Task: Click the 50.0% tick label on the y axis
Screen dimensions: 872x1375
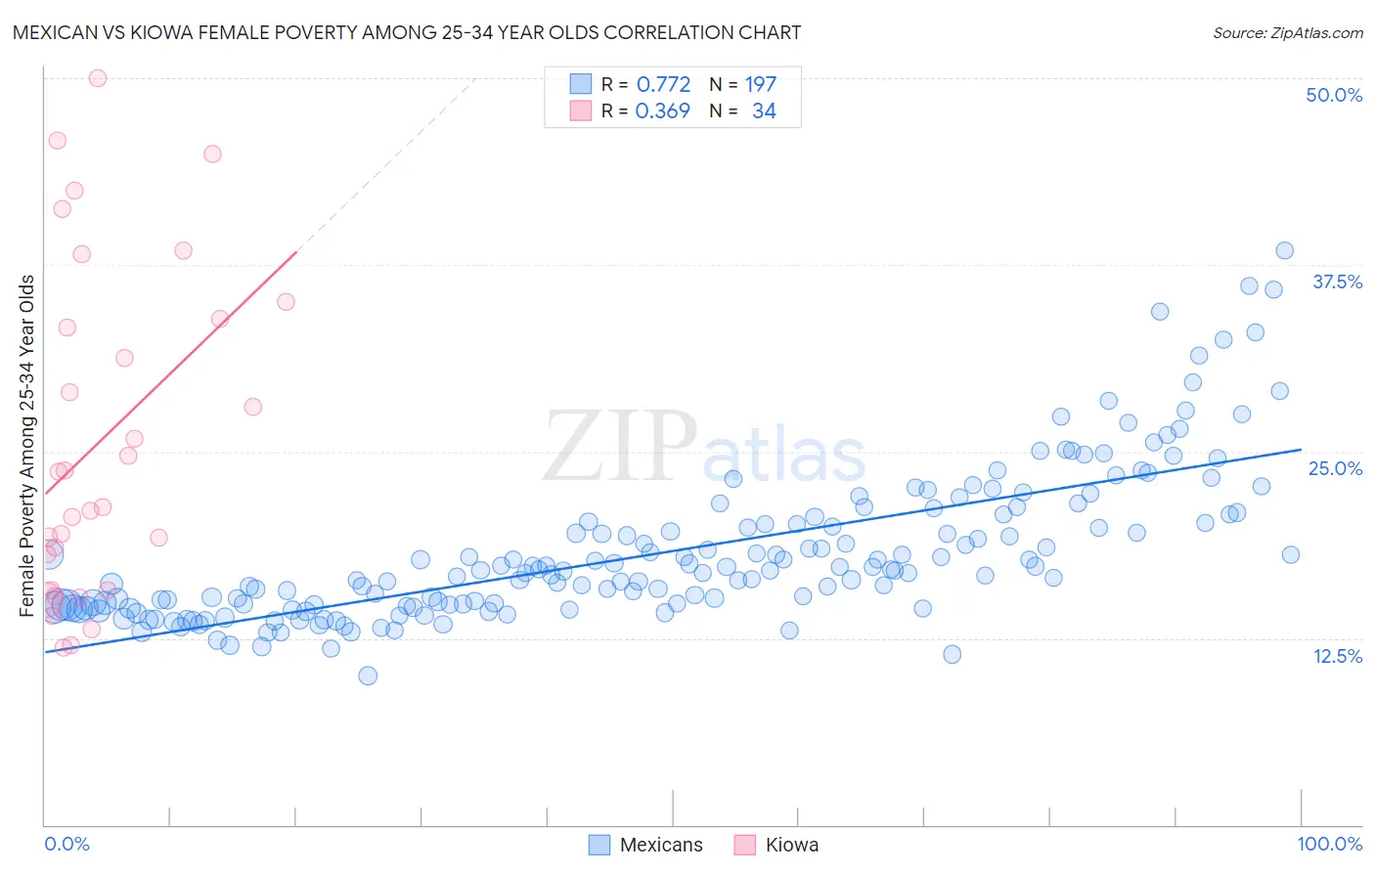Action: pyautogui.click(x=1333, y=95)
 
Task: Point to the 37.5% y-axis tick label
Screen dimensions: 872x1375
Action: pyautogui.click(x=1336, y=282)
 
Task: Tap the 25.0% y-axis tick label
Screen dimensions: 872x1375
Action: pyautogui.click(x=1335, y=468)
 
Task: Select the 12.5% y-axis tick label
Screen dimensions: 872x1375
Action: pyautogui.click(x=1337, y=656)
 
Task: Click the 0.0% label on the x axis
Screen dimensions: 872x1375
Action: pyautogui.click(x=67, y=844)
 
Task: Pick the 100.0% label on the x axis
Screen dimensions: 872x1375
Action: pyautogui.click(x=1329, y=844)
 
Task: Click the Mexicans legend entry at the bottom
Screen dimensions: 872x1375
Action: pyautogui.click(x=660, y=845)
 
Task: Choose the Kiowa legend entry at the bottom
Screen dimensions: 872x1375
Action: pyautogui.click(x=791, y=845)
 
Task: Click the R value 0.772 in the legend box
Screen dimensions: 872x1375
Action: pyautogui.click(x=663, y=84)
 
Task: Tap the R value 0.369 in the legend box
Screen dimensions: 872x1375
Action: pyautogui.click(x=662, y=111)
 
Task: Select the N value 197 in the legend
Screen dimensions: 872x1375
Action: pyautogui.click(x=760, y=84)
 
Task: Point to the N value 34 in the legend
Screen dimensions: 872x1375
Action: pyautogui.click(x=764, y=111)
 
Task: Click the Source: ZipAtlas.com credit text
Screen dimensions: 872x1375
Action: pyautogui.click(x=1287, y=32)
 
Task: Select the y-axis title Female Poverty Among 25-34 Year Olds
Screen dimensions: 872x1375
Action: pyautogui.click(x=27, y=446)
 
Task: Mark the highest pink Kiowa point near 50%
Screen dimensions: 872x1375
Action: pyautogui.click(x=98, y=78)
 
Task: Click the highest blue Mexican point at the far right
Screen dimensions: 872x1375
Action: pyautogui.click(x=1284, y=251)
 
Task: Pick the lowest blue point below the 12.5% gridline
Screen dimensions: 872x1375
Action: pyautogui.click(x=368, y=676)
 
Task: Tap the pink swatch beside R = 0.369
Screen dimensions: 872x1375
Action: pyautogui.click(x=581, y=111)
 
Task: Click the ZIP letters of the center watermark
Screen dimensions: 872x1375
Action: pyautogui.click(x=620, y=447)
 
